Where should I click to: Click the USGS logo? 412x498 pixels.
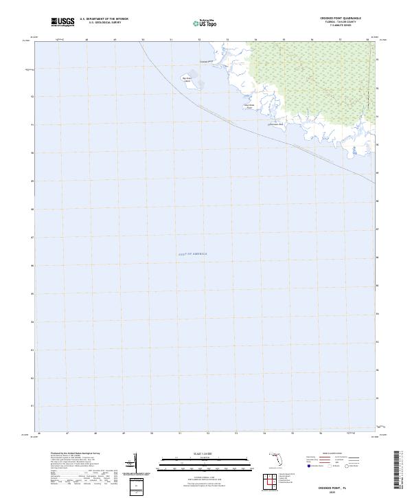(x=62, y=21)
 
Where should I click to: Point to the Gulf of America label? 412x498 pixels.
(x=193, y=254)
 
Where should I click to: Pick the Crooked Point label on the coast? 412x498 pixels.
(x=207, y=61)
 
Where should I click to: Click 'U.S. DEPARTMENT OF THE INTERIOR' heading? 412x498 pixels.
(x=104, y=19)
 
